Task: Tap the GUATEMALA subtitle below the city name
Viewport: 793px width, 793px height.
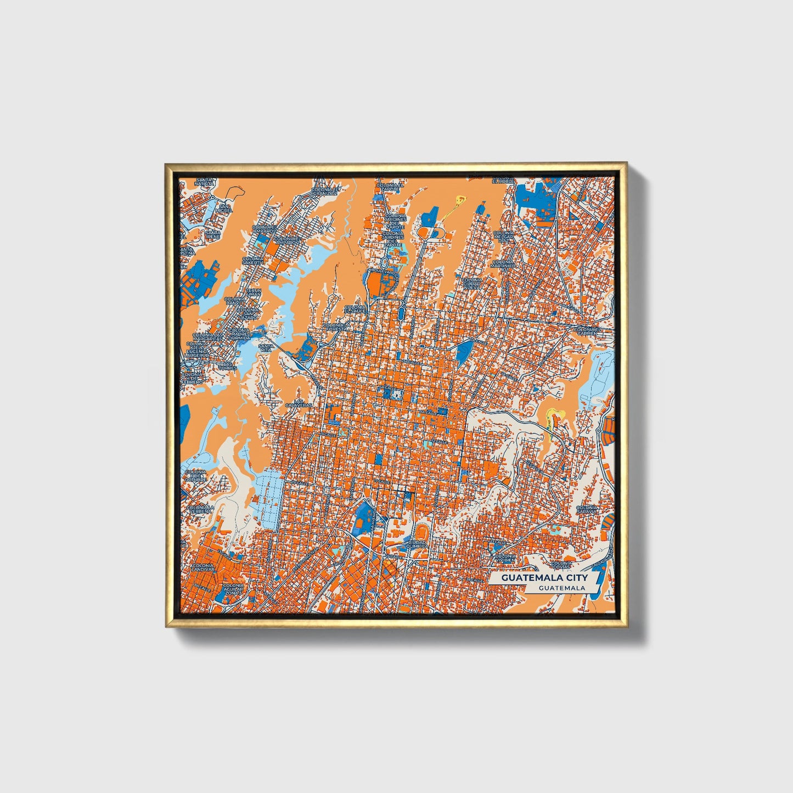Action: [561, 588]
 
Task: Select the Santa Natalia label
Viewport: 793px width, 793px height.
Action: [204, 182]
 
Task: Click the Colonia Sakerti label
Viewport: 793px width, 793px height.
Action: [254, 260]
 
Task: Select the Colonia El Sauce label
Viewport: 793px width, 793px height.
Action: [355, 309]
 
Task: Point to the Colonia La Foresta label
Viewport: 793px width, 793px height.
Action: [336, 328]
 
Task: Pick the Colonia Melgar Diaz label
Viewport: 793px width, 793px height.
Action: [503, 236]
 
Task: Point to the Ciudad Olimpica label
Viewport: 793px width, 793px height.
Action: [418, 544]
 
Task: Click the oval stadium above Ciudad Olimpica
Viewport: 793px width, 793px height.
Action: [421, 531]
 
